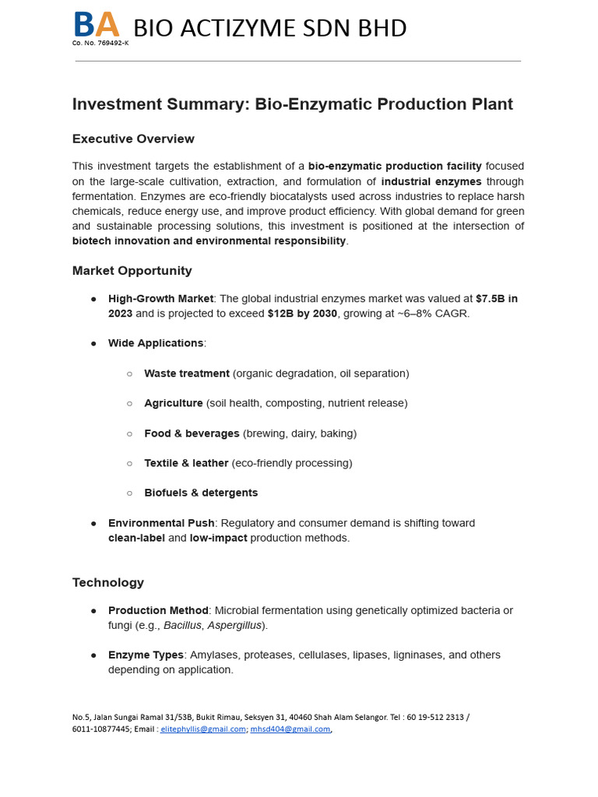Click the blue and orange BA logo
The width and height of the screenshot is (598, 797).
point(97,25)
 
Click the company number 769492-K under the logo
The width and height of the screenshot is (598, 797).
point(100,43)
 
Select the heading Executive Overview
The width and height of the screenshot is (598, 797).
point(133,139)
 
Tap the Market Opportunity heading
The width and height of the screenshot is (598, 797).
point(132,271)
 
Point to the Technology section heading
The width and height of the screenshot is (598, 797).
point(108,582)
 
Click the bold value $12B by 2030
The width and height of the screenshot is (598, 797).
point(302,314)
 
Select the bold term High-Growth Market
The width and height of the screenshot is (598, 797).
point(161,299)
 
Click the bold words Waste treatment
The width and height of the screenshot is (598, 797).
point(187,374)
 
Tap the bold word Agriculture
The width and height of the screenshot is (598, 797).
point(174,403)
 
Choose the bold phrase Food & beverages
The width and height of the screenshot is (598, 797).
point(192,434)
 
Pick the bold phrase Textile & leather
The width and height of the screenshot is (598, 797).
point(186,463)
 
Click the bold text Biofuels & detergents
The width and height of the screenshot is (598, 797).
point(201,493)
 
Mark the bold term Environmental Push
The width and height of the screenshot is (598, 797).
point(160,523)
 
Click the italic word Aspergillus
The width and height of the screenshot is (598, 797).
point(234,626)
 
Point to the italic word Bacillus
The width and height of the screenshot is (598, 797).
point(182,626)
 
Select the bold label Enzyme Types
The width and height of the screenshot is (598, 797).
point(146,655)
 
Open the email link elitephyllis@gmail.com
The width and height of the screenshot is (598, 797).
point(203,729)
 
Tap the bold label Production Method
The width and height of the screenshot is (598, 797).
point(158,611)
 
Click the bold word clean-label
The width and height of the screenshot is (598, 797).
point(136,538)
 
